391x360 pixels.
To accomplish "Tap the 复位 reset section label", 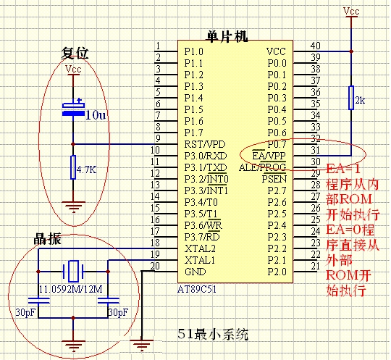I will pos(74,54).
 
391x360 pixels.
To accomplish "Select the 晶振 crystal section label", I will pos(49,239).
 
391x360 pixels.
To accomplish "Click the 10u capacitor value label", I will pos(96,115).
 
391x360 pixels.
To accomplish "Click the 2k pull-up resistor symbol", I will pos(351,99).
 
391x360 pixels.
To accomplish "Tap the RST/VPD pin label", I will pos(205,143).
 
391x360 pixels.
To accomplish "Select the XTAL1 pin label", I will pos(200,259).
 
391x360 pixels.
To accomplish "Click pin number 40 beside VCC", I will pos(315,46).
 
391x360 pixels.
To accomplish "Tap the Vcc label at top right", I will pos(351,12).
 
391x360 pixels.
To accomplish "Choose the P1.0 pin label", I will pos(194,52).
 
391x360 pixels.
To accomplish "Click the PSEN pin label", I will pos(274,178).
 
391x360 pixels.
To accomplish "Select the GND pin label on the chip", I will pos(195,271).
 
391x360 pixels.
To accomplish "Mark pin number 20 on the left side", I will pos(155,267).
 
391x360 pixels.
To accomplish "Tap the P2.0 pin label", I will pos(276,271).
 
